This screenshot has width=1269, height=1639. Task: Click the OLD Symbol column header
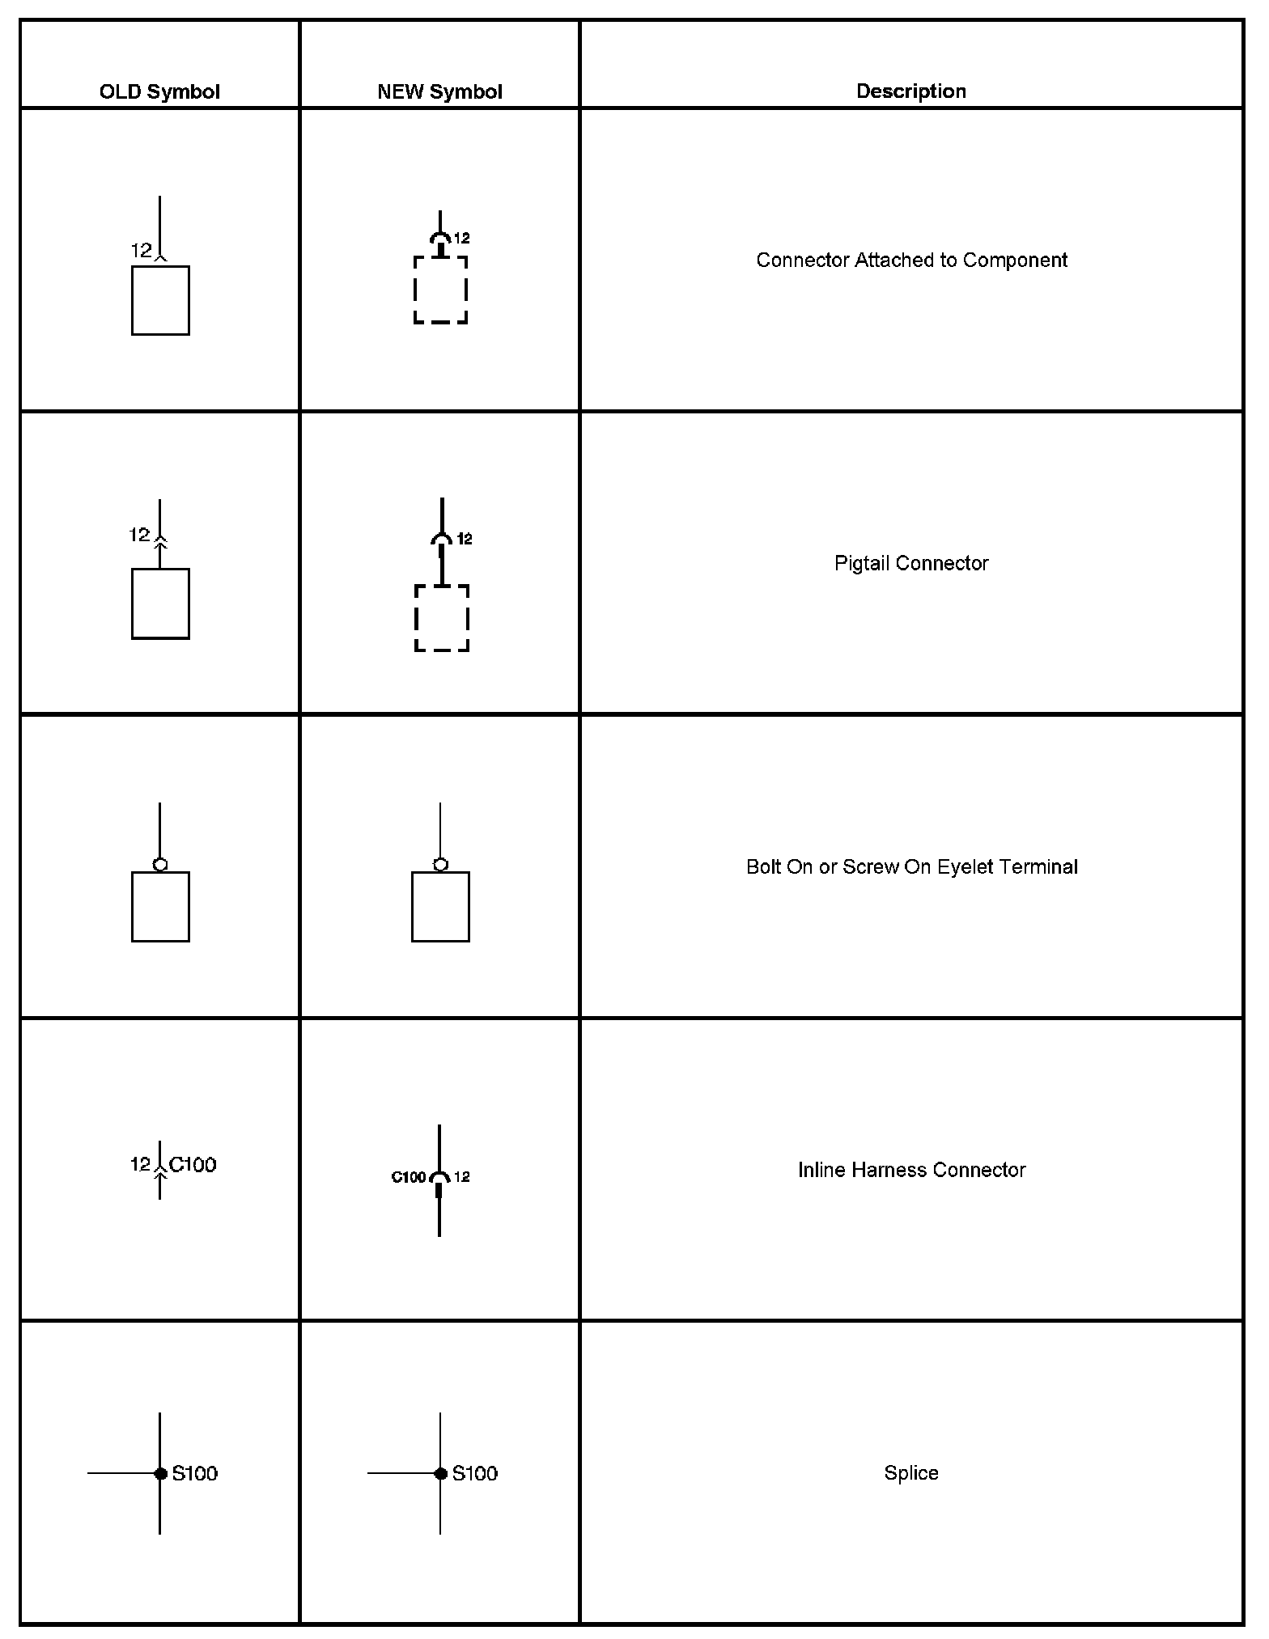click(159, 91)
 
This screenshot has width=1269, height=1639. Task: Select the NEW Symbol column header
click(439, 91)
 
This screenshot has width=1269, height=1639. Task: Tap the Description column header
click(911, 91)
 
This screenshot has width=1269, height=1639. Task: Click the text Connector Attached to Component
click(911, 260)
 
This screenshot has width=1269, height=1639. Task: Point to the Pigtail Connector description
click(911, 563)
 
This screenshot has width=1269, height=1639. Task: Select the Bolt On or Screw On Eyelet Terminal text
click(911, 866)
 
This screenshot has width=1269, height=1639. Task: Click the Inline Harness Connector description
click(911, 1170)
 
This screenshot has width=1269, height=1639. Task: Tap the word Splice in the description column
click(911, 1473)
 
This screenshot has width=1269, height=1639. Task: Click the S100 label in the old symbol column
click(195, 1473)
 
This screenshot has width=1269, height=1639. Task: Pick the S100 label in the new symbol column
click(475, 1473)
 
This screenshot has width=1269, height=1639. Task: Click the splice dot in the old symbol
click(160, 1473)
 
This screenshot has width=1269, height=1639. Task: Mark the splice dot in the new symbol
click(440, 1473)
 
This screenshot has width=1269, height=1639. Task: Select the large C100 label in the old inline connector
click(193, 1164)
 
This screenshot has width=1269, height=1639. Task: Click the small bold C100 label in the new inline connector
click(408, 1177)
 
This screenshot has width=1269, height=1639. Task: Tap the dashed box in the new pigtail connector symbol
click(441, 618)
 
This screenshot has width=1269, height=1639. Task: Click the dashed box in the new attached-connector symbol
click(440, 290)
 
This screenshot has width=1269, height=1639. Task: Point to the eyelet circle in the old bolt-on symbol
click(160, 865)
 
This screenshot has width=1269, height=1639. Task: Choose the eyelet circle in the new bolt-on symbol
click(440, 865)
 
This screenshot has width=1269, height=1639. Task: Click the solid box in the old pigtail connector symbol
click(160, 604)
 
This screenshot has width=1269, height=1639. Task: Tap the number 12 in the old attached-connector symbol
click(141, 251)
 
